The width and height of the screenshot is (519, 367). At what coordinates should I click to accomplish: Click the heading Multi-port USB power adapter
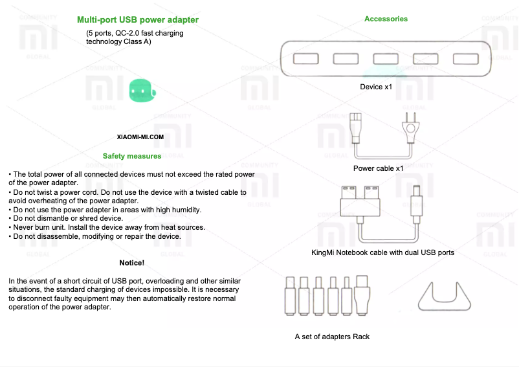[137, 20]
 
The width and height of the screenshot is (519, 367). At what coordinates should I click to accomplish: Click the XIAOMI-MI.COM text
[140, 137]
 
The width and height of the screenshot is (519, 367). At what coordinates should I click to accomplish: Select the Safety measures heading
[132, 156]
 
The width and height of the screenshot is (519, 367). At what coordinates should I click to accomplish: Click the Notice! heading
[132, 263]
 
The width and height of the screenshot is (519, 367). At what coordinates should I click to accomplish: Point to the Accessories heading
[386, 19]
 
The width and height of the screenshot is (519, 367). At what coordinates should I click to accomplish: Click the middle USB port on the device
[386, 59]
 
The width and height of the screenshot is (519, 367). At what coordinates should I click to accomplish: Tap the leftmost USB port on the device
[305, 59]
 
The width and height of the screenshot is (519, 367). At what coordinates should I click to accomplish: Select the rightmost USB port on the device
[465, 59]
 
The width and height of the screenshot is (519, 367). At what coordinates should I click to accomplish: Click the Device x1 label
[376, 87]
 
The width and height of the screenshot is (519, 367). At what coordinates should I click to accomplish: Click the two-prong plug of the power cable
[410, 126]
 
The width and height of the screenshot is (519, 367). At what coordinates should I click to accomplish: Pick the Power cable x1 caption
[378, 168]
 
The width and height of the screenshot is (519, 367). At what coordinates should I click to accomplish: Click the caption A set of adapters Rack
[332, 337]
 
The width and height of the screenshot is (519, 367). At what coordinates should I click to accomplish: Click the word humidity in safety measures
[185, 210]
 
